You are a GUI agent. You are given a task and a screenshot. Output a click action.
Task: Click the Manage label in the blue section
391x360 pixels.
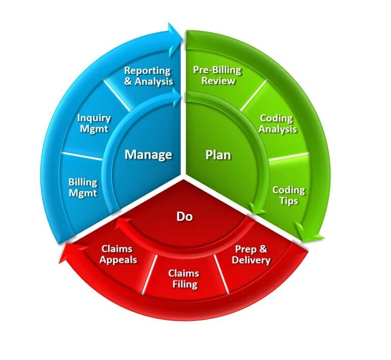148,155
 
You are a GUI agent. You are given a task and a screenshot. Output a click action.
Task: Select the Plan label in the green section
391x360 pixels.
218,154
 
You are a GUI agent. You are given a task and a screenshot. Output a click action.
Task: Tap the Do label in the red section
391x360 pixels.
184,217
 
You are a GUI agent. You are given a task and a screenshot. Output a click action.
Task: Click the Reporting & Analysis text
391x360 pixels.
148,76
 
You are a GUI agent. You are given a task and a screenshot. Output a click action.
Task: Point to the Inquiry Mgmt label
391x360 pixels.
94,124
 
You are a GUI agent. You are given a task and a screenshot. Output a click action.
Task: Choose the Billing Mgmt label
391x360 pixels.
82,187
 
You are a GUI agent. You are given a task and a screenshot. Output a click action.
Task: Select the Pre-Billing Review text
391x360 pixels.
217,75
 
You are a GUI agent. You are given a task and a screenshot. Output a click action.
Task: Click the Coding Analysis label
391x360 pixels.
277,124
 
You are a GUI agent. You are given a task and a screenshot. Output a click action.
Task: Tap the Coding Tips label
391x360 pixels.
288,195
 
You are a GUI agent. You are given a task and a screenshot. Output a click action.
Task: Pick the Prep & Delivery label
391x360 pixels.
251,255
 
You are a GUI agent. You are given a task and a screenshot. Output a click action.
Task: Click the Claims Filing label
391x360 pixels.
183,279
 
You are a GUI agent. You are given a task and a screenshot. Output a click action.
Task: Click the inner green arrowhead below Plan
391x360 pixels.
257,208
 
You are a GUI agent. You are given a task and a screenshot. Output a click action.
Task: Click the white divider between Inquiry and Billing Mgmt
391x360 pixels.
81,154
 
